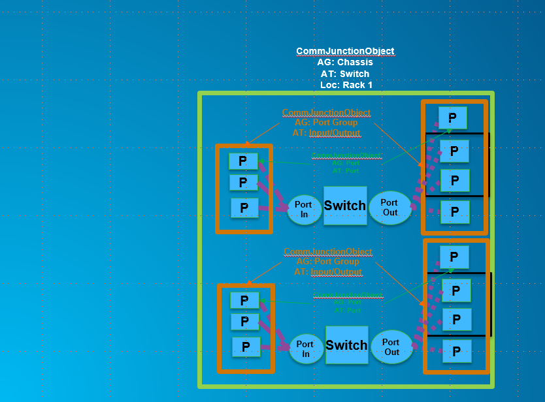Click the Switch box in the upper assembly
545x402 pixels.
(x=345, y=206)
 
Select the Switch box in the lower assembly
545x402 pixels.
(x=346, y=345)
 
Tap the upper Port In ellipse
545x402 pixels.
(x=303, y=209)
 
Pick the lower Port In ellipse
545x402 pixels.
(x=305, y=348)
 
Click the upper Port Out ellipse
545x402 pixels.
(x=389, y=208)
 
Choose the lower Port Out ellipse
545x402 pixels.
(x=391, y=347)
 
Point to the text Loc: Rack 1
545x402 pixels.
(x=346, y=85)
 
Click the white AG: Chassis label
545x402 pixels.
(x=345, y=62)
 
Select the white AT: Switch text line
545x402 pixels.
(x=345, y=74)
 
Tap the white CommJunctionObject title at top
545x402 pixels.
(x=345, y=51)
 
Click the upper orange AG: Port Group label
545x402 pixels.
(x=326, y=122)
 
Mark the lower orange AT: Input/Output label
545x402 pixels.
(x=327, y=271)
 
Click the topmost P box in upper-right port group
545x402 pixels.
(x=452, y=117)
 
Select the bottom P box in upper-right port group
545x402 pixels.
(x=455, y=211)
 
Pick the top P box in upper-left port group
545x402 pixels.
(x=243, y=161)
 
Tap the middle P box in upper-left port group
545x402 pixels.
(x=243, y=182)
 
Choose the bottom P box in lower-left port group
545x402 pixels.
(x=246, y=347)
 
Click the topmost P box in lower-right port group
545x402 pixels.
(x=454, y=256)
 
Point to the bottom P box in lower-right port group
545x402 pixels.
(x=457, y=351)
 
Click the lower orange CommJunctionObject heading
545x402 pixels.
(x=327, y=252)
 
